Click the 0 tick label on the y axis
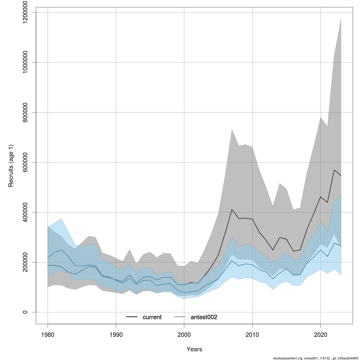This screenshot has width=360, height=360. pyautogui.click(x=25, y=312)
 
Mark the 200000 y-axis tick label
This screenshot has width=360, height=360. pyautogui.click(x=25, y=262)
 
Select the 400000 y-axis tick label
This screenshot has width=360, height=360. pyautogui.click(x=25, y=212)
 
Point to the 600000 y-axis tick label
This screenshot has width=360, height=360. pyautogui.click(x=25, y=162)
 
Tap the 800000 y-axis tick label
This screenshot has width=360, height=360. pyautogui.click(x=25, y=112)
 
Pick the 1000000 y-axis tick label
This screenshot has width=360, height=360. pyautogui.click(x=25, y=62)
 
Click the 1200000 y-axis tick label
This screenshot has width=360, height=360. pyautogui.click(x=25, y=12)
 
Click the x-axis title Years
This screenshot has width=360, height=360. pyautogui.click(x=194, y=349)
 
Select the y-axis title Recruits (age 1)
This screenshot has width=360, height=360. pyautogui.click(x=11, y=166)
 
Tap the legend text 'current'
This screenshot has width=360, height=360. pyautogui.click(x=152, y=317)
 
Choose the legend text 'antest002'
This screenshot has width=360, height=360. pyautogui.click(x=204, y=317)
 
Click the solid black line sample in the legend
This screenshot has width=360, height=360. pyautogui.click(x=132, y=317)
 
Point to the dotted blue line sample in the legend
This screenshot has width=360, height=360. pyautogui.click(x=180, y=317)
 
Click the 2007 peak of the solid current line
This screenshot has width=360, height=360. pyautogui.click(x=232, y=209)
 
